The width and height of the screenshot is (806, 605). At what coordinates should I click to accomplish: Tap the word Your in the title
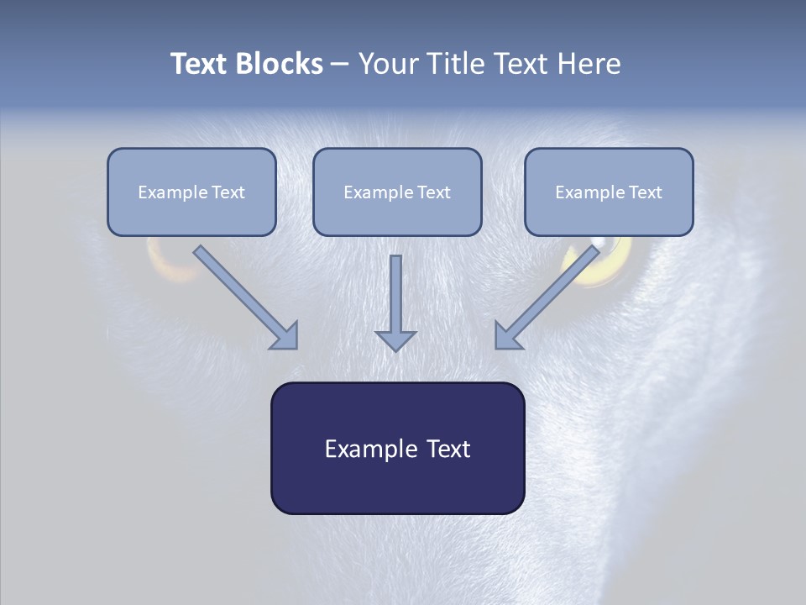point(390,64)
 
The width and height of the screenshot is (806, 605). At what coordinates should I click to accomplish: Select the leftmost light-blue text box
point(191,192)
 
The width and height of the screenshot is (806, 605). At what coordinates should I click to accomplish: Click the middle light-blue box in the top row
point(397,192)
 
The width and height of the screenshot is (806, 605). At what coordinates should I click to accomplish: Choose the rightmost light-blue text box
point(609,192)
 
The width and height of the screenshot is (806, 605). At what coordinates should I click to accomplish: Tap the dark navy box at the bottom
point(397,448)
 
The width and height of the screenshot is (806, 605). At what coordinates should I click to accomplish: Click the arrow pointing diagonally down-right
point(247,297)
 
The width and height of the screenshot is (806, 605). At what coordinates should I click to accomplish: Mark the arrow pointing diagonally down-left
point(546,297)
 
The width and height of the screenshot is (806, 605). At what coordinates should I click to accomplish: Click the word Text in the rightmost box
point(645,192)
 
